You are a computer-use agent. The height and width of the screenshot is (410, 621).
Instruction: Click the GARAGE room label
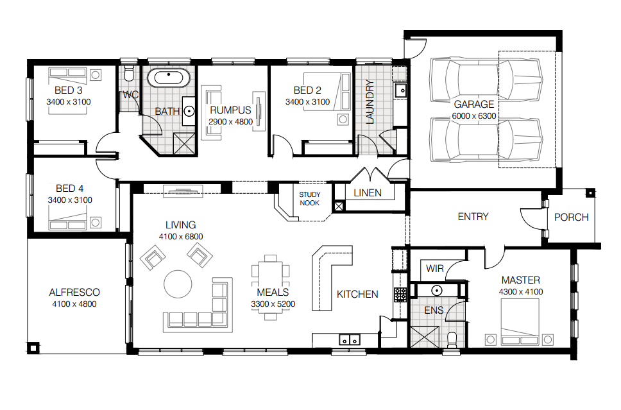tap(473, 104)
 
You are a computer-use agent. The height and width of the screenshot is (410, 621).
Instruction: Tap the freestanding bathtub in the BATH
tap(169, 77)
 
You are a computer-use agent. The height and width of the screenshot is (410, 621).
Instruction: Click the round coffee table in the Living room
tap(178, 284)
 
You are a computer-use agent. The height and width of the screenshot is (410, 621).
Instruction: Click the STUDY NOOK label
tap(310, 199)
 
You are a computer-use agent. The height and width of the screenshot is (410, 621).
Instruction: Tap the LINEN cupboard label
tap(368, 193)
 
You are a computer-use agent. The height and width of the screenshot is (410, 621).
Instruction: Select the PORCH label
tap(571, 217)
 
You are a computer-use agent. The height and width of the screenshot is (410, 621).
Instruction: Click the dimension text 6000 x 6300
tap(473, 116)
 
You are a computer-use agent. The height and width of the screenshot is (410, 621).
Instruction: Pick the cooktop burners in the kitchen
tap(400, 295)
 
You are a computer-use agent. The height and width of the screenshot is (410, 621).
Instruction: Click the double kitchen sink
tap(349, 340)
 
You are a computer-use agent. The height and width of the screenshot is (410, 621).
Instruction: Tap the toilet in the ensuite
tap(452, 340)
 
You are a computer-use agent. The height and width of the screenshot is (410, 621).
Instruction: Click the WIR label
tap(434, 269)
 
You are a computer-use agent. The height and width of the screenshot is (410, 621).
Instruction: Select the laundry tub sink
tap(401, 90)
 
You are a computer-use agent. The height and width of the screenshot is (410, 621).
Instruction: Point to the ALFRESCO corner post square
tap(33, 348)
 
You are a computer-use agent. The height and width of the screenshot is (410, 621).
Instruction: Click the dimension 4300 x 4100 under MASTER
tap(521, 292)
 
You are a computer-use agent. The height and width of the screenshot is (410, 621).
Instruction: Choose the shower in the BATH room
tap(184, 143)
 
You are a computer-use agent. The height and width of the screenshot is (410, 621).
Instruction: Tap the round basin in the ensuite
tap(437, 291)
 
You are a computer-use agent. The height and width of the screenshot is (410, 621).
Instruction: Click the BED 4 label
tap(70, 188)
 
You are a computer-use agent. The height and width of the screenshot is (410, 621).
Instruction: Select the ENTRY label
tap(473, 217)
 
